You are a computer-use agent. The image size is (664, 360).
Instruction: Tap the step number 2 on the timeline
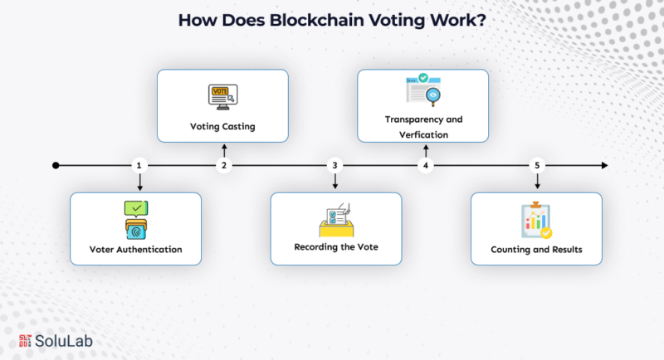(x=223, y=166)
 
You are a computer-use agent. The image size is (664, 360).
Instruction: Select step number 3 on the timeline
(x=335, y=166)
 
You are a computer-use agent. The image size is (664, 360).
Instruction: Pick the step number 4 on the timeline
(x=426, y=166)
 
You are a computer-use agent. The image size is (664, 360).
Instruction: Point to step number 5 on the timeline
(x=538, y=166)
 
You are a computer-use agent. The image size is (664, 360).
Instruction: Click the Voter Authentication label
(x=135, y=250)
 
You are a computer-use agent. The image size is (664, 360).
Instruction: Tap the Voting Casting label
(x=222, y=128)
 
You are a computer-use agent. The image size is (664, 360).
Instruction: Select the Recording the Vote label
(x=336, y=247)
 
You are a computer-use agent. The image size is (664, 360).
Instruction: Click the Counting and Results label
(x=535, y=250)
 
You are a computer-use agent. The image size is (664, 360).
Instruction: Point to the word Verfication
(x=423, y=134)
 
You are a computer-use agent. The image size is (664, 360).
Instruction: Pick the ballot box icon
(x=336, y=221)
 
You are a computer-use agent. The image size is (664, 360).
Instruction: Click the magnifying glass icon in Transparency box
(x=432, y=95)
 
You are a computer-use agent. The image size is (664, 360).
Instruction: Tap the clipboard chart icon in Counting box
(x=535, y=221)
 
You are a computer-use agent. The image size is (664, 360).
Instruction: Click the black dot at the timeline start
(x=56, y=166)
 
